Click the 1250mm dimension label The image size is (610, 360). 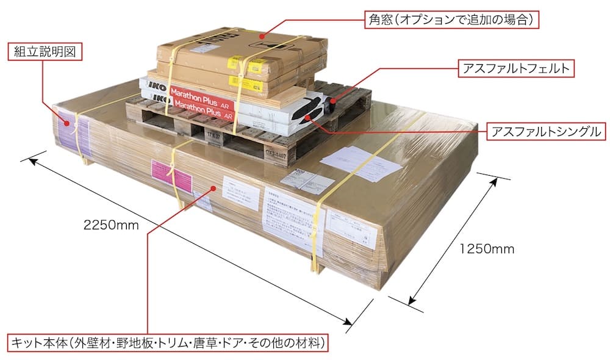click(486, 248)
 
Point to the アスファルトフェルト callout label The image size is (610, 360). click(516, 68)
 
